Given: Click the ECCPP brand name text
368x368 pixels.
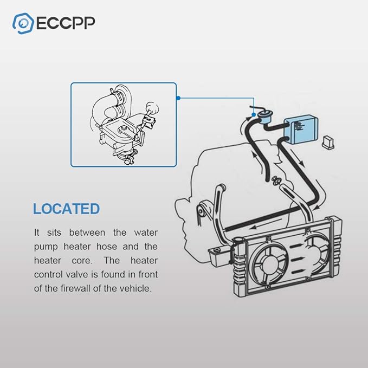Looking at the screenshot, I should [66, 24].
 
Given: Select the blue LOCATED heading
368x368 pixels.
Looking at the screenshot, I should [66, 209].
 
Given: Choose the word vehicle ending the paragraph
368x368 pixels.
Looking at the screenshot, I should [137, 288].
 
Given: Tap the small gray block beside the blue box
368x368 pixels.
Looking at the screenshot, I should [328, 142].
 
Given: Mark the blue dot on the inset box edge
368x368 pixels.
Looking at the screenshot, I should [177, 98].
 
